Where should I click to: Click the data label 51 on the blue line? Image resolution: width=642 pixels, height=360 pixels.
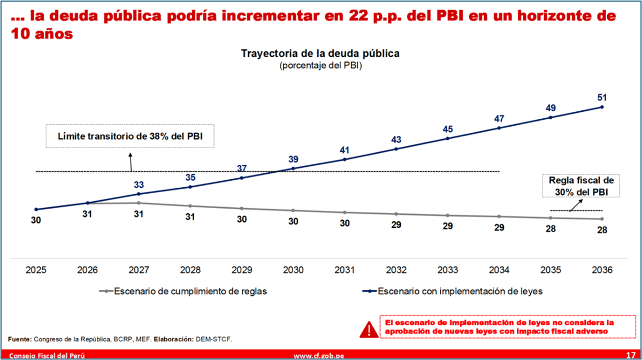[602, 97]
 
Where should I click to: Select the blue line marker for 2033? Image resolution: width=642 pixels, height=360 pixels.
[448, 139]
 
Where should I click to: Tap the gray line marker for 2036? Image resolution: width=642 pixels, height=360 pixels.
[602, 219]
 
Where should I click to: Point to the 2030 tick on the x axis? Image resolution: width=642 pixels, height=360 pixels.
[293, 270]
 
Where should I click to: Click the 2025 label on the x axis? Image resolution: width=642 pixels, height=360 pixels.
[36, 270]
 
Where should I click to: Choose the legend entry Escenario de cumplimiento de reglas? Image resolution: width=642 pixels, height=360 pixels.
[183, 291]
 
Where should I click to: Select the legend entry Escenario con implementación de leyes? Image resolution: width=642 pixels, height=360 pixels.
[452, 291]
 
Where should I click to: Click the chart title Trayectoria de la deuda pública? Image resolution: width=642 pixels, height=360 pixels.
[320, 53]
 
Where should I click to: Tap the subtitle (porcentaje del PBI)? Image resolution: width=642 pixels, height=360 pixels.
[320, 66]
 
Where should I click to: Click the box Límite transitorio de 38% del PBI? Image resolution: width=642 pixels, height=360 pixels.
[130, 136]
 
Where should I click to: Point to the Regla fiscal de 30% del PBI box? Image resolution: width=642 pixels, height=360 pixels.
[581, 186]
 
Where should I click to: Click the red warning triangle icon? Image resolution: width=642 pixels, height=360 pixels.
[369, 329]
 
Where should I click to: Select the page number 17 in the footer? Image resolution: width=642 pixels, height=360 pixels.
[631, 355]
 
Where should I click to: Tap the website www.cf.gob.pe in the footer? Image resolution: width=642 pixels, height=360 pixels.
[319, 356]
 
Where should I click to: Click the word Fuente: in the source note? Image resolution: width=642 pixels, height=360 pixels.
[19, 339]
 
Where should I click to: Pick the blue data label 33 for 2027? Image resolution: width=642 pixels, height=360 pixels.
[139, 185]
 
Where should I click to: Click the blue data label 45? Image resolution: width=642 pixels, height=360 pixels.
[448, 129]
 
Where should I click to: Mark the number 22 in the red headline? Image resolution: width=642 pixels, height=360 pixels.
[358, 16]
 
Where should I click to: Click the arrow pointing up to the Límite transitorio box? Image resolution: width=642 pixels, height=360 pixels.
[131, 162]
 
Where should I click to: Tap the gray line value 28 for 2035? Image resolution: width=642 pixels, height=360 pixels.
[551, 229]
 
